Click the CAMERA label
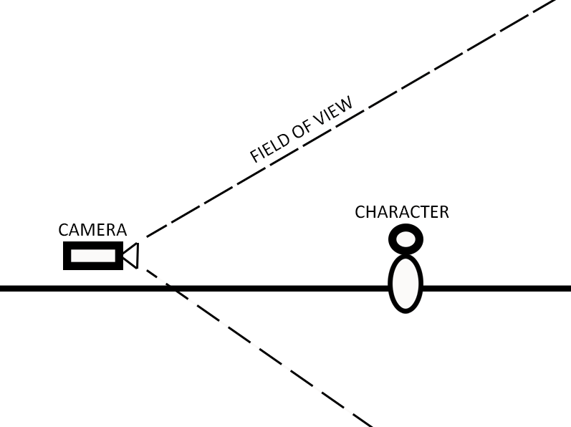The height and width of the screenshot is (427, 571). (92, 230)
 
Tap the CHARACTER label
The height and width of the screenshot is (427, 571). (402, 212)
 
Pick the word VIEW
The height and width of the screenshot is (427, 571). (335, 112)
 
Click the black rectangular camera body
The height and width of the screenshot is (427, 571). (93, 256)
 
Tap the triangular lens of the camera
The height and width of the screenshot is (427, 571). (130, 256)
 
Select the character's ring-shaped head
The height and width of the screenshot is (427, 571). (406, 239)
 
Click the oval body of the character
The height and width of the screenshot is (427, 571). (406, 284)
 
